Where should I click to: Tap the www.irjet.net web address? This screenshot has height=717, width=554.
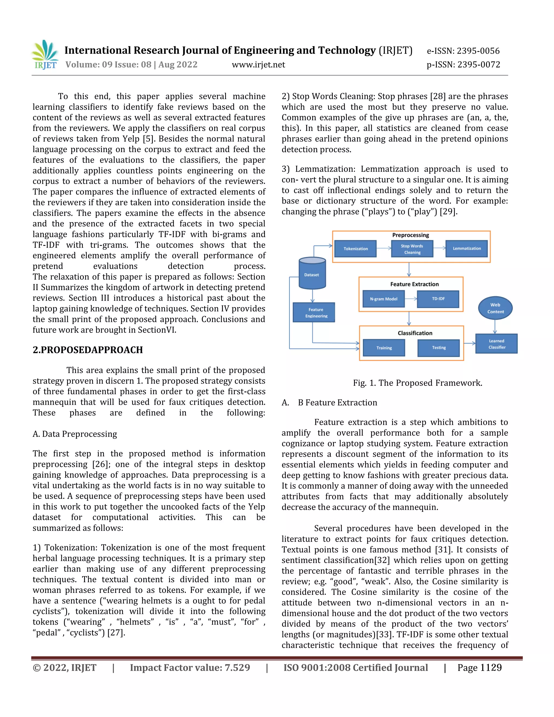pyautogui.click(x=258, y=65)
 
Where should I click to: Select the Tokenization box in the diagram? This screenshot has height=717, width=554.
pyautogui.click(x=355, y=249)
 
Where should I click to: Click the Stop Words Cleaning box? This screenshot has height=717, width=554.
pyautogui.click(x=412, y=249)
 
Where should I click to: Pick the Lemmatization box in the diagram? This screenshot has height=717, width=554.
pyautogui.click(x=466, y=249)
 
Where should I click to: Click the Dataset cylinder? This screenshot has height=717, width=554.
pyautogui.click(x=312, y=274)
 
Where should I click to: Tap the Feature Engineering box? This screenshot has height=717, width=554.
pyautogui.click(x=314, y=312)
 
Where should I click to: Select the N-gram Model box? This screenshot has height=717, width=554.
pyautogui.click(x=383, y=299)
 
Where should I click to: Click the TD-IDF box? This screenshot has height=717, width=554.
pyautogui.click(x=438, y=299)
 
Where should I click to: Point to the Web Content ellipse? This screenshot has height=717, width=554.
pyautogui.click(x=495, y=308)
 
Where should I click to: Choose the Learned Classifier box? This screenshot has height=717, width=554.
pyautogui.click(x=496, y=344)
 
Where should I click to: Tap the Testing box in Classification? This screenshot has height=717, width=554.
pyautogui.click(x=438, y=348)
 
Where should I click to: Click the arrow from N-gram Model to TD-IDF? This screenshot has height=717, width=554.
pyautogui.click(x=411, y=299)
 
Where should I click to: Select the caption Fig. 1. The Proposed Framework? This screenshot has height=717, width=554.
pyautogui.click(x=417, y=383)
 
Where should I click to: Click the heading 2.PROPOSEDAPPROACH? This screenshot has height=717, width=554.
pyautogui.click(x=88, y=350)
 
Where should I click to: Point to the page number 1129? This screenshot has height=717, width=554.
pyautogui.click(x=491, y=667)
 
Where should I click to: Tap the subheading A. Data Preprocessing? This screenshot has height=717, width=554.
pyautogui.click(x=75, y=434)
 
